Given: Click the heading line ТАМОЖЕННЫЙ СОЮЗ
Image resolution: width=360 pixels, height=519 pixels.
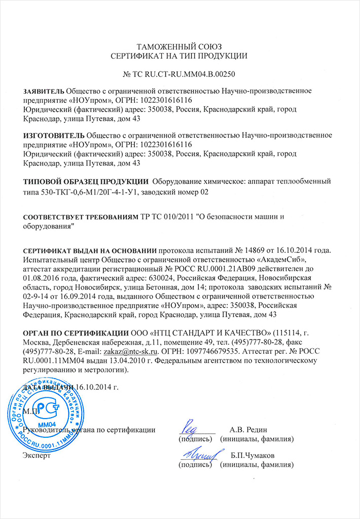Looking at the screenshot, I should (179, 46).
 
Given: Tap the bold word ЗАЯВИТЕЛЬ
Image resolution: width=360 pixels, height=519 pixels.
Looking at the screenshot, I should (44, 91).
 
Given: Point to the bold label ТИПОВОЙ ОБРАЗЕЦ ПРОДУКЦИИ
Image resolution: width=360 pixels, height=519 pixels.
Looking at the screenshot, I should (87, 182).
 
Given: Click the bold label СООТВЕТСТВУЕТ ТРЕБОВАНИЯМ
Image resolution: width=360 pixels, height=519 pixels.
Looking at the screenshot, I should (81, 217).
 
